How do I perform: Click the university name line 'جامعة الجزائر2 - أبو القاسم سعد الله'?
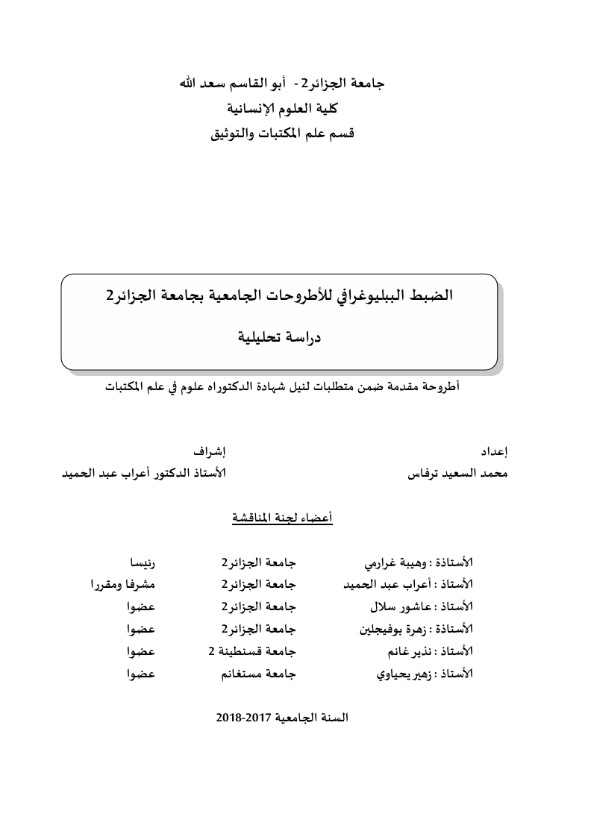(282, 83)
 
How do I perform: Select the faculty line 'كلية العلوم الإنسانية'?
(282, 108)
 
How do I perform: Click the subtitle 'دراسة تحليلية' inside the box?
(279, 336)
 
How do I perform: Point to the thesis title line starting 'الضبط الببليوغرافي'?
(279, 295)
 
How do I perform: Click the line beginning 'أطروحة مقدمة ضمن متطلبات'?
(282, 387)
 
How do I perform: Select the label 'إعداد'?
(495, 452)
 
